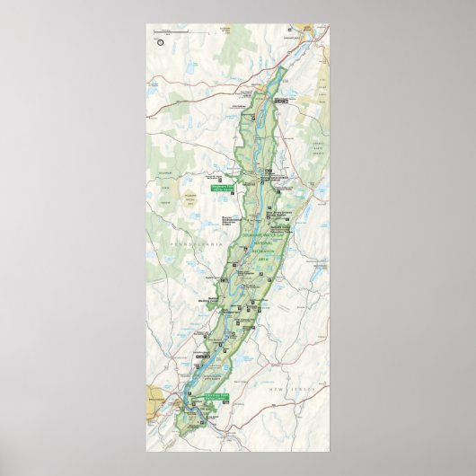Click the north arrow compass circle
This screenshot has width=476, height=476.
(x=159, y=40)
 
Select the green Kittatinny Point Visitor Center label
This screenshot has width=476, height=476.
(x=216, y=397)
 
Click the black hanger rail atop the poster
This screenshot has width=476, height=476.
(x=237, y=22)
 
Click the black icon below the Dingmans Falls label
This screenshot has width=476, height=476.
(x=221, y=196)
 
